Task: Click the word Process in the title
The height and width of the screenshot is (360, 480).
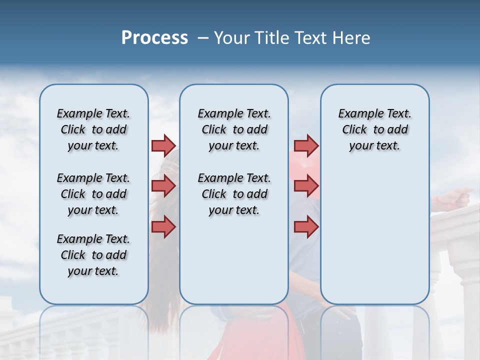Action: tap(154, 38)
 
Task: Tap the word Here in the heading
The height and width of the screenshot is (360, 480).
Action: tap(352, 38)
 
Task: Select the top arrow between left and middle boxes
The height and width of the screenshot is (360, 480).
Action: tap(163, 145)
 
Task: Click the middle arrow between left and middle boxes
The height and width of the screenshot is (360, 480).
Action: tap(163, 186)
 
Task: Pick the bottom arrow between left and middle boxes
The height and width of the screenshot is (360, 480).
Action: tap(163, 226)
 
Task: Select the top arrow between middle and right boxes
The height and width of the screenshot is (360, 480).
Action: tap(306, 145)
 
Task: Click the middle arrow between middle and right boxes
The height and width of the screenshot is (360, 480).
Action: tap(306, 186)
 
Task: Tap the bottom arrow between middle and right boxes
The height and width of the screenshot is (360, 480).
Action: tap(306, 226)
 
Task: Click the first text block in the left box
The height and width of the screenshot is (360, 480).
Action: tap(93, 129)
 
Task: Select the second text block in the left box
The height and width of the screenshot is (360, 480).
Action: tap(93, 194)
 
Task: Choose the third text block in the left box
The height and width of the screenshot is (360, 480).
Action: tap(93, 255)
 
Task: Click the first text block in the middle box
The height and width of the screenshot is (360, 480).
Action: tap(234, 129)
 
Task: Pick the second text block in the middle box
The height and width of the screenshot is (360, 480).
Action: tap(234, 194)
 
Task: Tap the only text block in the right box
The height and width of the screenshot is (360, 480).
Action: tap(374, 129)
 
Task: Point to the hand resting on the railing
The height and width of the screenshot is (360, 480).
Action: tap(452, 198)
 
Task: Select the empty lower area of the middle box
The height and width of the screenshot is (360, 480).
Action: tap(234, 260)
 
